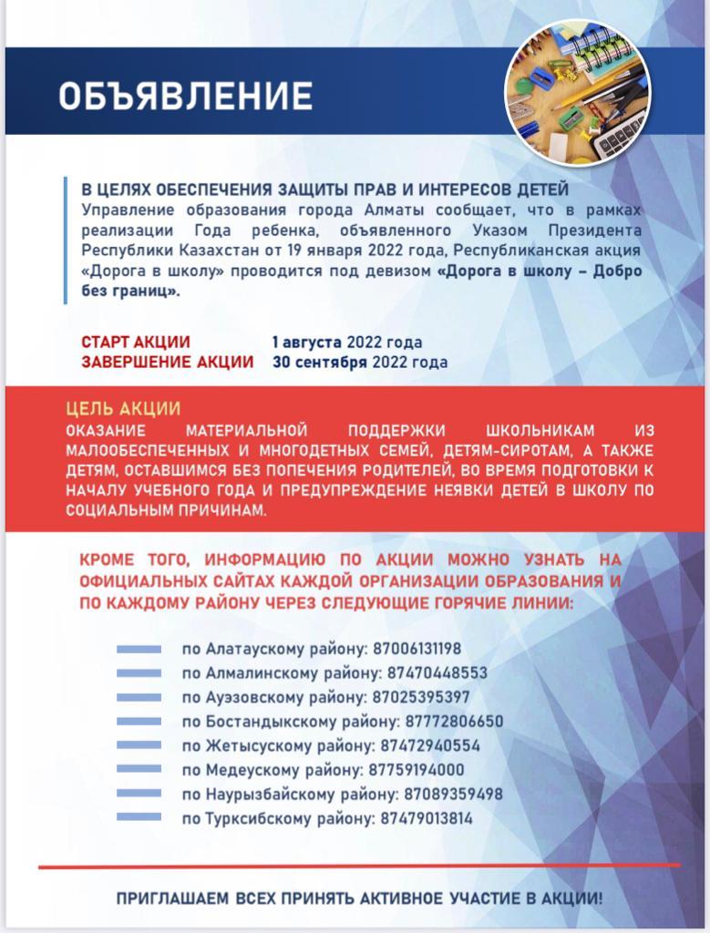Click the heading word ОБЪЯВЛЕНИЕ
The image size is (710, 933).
tap(185, 96)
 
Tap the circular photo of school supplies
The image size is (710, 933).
tap(578, 93)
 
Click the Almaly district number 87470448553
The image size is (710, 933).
tap(436, 673)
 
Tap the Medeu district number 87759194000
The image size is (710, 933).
tap(417, 770)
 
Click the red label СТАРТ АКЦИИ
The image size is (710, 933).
tap(136, 343)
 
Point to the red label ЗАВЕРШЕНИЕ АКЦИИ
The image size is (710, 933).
tap(167, 362)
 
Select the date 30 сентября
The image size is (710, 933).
tap(319, 362)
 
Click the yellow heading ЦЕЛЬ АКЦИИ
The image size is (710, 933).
tap(123, 409)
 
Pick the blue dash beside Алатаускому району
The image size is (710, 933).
tap(139, 650)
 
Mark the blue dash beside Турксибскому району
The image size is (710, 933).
tap(139, 818)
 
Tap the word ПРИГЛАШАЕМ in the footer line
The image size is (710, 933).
tap(172, 898)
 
